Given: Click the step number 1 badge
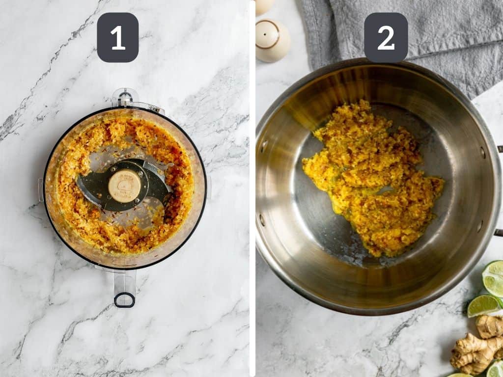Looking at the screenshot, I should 118,37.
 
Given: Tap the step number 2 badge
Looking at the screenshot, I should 386,37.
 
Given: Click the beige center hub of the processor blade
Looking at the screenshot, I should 124,186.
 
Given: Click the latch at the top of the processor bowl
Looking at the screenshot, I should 125,98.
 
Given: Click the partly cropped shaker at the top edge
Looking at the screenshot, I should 264,5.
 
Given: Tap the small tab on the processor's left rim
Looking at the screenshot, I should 41,189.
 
